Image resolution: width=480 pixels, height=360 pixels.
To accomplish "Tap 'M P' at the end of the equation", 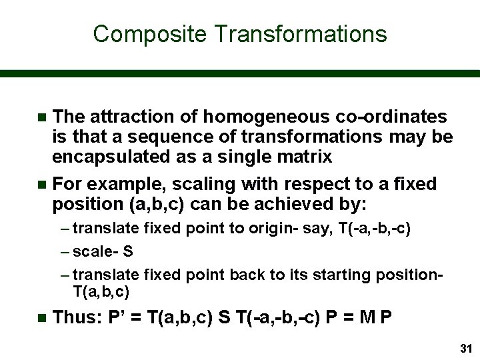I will point(377,318).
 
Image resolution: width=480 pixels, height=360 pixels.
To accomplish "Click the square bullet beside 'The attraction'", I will point(42,117).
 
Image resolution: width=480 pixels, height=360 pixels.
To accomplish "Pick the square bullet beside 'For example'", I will point(42,184).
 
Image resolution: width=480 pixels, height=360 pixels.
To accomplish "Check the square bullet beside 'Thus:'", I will point(42,319).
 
